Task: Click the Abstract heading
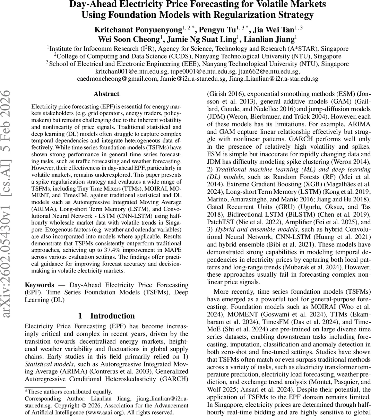106,94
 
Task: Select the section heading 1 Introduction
106,316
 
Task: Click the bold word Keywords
40,285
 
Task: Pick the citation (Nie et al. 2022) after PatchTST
248,222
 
